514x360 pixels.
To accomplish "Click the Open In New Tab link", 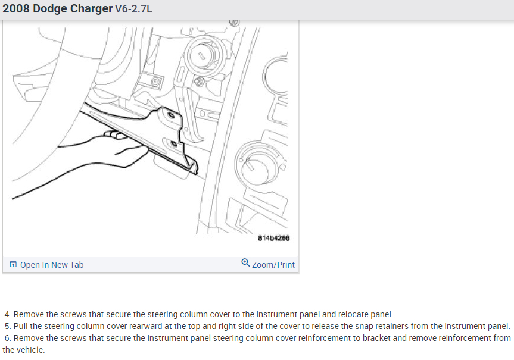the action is [52, 265].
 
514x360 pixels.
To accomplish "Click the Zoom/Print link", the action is [273, 265].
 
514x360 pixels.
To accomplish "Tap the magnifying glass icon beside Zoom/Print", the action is [245, 263].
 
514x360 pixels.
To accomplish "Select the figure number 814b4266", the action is [274, 238].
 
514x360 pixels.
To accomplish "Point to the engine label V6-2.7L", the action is [133, 9].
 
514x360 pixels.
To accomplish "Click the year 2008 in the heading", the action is [16, 8].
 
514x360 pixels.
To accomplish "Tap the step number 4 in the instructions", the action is [8, 314].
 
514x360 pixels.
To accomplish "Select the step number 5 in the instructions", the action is [8, 326].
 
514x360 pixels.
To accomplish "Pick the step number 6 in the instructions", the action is [8, 338].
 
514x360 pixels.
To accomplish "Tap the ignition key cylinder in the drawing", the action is [203, 56].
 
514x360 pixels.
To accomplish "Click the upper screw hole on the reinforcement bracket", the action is [171, 115].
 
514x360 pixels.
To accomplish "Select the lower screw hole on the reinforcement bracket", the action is [173, 143].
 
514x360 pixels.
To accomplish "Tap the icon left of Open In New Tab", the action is [13, 264].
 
